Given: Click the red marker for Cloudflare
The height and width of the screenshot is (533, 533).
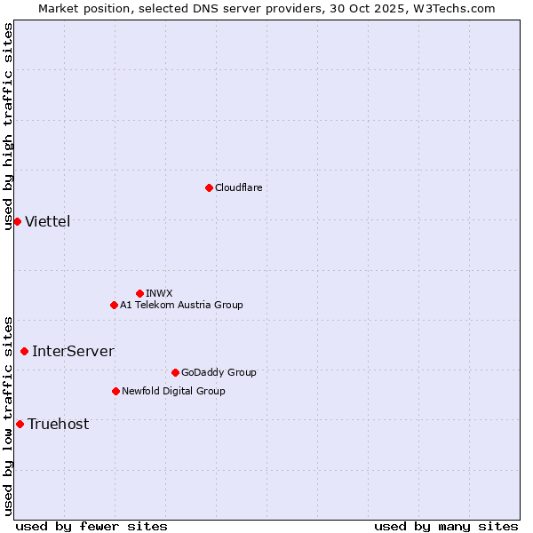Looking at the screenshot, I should click(209, 187).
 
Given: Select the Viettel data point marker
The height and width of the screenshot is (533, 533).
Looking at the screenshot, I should click(17, 221).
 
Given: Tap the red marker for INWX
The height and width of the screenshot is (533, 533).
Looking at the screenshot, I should click(139, 293).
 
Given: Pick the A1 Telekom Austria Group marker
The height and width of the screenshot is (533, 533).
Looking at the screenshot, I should click(114, 305).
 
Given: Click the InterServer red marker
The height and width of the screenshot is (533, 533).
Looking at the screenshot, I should click(24, 351).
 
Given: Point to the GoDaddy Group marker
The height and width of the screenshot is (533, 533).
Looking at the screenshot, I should click(175, 372).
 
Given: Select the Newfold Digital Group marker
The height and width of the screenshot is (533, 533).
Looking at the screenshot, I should click(115, 391).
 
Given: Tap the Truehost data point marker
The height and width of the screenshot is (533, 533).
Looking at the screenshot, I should click(20, 424).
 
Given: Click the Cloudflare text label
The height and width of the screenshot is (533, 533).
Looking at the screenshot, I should click(239, 187).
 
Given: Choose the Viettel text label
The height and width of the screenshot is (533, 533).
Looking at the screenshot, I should click(47, 221).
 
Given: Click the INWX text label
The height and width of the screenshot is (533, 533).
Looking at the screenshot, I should click(159, 293).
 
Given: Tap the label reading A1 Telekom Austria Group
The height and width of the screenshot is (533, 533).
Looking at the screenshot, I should click(181, 305).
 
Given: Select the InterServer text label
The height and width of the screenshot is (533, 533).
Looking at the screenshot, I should click(73, 351).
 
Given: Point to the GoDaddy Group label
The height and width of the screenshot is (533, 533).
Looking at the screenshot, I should click(219, 372).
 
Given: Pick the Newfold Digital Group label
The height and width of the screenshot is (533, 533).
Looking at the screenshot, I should click(173, 391).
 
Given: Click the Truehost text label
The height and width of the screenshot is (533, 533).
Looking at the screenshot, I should click(58, 424).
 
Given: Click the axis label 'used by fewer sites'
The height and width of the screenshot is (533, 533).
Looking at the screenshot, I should click(91, 526).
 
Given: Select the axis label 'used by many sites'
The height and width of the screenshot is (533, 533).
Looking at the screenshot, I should click(446, 526).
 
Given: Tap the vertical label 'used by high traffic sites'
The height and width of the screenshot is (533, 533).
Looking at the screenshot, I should click(8, 126).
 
